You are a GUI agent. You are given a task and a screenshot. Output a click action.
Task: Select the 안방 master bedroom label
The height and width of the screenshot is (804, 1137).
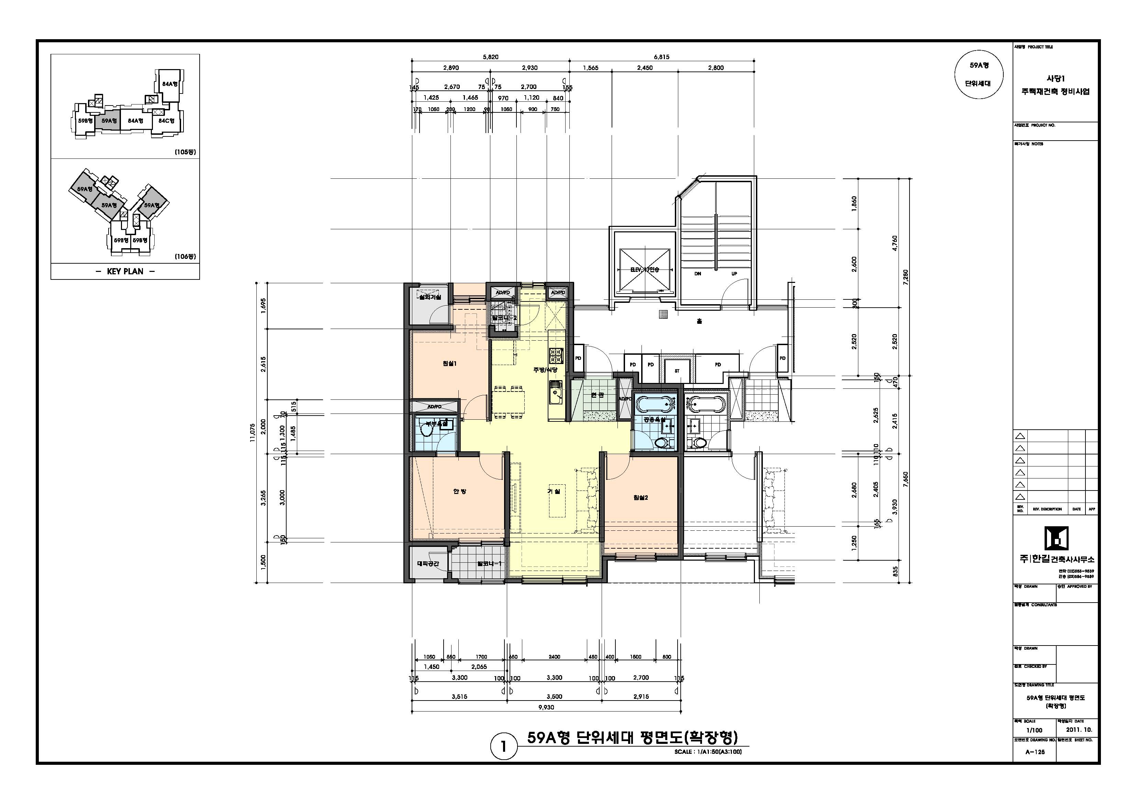click(459, 492)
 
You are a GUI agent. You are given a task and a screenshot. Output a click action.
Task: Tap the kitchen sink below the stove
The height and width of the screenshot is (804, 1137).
click(556, 392)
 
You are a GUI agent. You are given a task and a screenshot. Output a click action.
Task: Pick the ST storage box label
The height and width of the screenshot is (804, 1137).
click(677, 371)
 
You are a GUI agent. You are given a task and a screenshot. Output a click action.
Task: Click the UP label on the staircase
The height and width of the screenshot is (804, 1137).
click(734, 274)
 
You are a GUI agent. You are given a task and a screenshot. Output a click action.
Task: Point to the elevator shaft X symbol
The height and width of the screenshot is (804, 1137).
click(644, 269)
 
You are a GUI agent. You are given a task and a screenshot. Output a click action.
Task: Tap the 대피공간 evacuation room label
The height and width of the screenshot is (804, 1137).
click(428, 564)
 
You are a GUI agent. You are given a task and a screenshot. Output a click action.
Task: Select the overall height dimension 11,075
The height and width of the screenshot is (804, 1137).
click(253, 432)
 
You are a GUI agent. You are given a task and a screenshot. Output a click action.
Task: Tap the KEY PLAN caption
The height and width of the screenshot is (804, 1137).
click(125, 272)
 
